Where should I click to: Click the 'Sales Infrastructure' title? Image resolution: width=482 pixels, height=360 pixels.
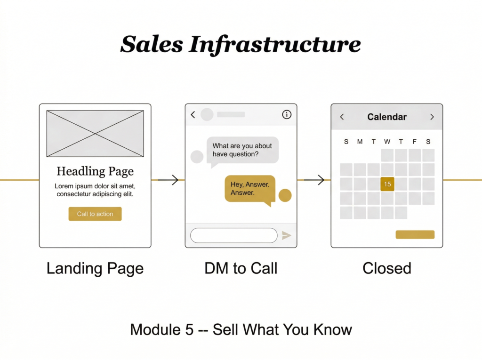point(241,45)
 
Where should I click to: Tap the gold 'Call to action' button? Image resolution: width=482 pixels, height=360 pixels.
point(95,214)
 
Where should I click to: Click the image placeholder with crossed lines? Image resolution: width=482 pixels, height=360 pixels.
point(95,134)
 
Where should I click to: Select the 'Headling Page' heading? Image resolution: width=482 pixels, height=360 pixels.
point(95,171)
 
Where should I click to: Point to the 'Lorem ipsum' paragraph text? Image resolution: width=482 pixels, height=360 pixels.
point(95,190)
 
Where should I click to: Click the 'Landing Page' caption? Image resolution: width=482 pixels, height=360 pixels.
point(95,268)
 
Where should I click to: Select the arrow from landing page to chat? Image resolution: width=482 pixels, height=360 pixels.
point(168,180)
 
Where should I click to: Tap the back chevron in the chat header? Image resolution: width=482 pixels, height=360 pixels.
point(193,114)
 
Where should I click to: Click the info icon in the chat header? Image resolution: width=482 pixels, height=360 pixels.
point(287,114)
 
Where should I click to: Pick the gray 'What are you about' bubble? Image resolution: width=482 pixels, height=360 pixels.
point(242,150)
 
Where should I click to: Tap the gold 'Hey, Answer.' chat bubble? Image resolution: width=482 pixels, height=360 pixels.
point(250,189)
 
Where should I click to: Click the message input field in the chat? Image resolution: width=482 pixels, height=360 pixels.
point(233,235)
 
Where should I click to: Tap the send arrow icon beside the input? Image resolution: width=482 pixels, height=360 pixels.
point(286,235)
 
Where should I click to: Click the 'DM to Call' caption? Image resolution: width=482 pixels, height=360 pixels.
point(241,268)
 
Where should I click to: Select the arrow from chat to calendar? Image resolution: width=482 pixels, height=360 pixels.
point(314,180)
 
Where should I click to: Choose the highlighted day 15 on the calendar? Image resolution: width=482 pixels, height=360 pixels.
point(387,184)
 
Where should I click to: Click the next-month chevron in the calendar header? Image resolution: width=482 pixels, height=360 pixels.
point(432,117)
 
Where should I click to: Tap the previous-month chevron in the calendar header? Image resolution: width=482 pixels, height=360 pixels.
point(342,117)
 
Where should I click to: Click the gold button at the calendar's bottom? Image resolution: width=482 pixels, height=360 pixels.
point(415,234)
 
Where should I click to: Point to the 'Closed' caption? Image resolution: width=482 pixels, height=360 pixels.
point(387,268)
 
